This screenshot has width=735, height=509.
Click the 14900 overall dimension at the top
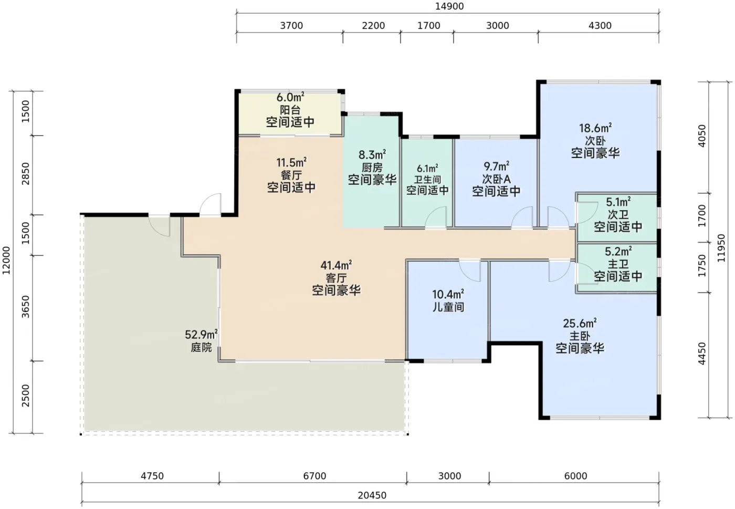point(449,6)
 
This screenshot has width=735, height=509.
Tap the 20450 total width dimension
point(372,495)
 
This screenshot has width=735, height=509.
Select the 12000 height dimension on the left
point(6,261)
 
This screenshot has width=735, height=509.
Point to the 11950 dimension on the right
point(721,248)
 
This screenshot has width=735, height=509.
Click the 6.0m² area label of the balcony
point(290,97)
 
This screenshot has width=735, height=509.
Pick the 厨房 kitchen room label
point(372,168)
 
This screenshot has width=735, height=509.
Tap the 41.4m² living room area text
point(337,265)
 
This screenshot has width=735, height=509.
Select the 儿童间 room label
point(448,307)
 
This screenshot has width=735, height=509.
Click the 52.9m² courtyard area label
point(201,335)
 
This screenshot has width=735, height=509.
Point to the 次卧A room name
point(496,179)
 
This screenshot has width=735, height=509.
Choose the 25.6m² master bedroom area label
point(580,324)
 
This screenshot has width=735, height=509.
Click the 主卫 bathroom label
point(618,264)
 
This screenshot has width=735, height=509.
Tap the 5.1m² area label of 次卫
point(618,202)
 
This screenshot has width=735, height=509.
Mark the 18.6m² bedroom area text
point(595,128)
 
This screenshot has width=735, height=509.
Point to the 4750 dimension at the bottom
point(152,476)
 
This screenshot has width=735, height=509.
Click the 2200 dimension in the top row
point(373,25)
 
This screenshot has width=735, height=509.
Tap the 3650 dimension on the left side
point(26,307)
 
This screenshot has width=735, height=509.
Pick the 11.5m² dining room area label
point(291,162)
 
